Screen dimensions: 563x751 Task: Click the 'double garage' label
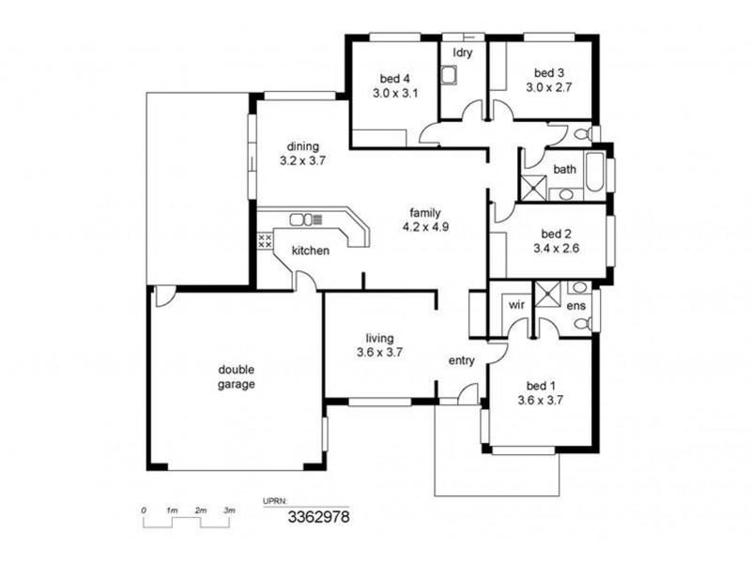237,376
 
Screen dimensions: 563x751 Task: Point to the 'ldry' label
462,53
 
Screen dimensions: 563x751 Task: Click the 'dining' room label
302,146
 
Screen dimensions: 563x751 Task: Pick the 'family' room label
426,212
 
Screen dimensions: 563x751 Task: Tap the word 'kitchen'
310,251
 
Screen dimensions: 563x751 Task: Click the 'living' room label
379,339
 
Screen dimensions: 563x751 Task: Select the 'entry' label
461,360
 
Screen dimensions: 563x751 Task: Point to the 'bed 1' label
541,386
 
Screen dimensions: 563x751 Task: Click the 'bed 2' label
556,234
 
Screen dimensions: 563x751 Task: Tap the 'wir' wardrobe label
516,305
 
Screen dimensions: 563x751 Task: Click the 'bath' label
564,170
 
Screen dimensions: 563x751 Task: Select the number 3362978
319,516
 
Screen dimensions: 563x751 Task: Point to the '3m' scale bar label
229,510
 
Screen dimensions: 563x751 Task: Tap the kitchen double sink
301,220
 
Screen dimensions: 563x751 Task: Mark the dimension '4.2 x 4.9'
426,226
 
